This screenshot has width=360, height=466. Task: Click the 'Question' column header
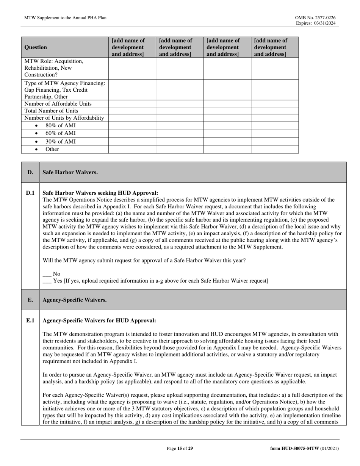coord(36,47)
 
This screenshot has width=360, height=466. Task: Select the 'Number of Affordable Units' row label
coord(58,104)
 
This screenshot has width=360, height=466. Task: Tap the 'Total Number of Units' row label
coord(51,111)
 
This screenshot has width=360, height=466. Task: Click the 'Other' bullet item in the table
coord(52,149)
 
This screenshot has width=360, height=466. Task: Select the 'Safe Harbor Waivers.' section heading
coord(70,172)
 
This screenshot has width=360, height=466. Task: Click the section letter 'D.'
coord(30,172)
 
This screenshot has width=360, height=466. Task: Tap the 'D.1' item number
coord(30,193)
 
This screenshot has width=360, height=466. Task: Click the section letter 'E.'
coord(30,300)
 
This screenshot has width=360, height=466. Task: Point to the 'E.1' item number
coord(30,321)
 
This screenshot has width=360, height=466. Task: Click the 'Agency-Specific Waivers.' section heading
coord(75,300)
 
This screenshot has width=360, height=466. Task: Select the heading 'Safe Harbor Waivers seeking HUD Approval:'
coord(100,193)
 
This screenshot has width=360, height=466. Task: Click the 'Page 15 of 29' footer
coord(180,449)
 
